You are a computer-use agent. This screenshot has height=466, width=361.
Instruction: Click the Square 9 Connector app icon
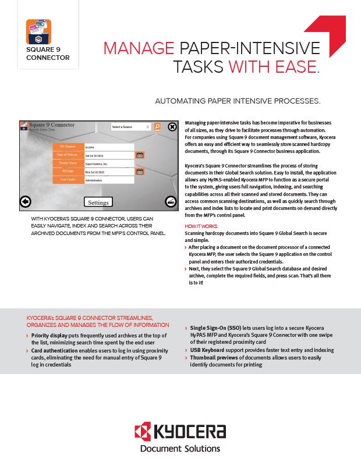pyautogui.click(x=38, y=32)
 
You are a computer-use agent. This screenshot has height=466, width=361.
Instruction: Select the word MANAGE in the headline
pyautogui.click(x=139, y=48)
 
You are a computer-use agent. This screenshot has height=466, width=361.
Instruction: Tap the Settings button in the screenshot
pyautogui.click(x=98, y=202)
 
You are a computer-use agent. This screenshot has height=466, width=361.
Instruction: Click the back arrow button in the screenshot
pyautogui.click(x=25, y=201)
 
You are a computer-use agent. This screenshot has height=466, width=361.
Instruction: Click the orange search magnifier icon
pyautogui.click(x=157, y=126)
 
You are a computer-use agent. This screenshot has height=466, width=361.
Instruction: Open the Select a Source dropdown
pyautogui.click(x=131, y=127)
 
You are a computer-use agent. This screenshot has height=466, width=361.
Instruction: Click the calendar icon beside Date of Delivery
pyautogui.click(x=140, y=155)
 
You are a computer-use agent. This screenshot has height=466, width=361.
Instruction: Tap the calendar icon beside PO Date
pyautogui.click(x=140, y=172)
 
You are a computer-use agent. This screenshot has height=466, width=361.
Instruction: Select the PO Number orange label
pyautogui.click(x=69, y=147)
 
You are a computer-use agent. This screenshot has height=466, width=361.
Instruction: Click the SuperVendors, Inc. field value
pyautogui.click(x=109, y=163)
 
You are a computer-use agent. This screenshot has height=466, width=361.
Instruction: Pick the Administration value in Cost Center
pyautogui.click(x=109, y=180)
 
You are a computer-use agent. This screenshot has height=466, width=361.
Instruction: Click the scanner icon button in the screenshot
pyautogui.click(x=171, y=201)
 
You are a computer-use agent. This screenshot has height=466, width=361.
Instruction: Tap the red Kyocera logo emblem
pyautogui.click(x=143, y=432)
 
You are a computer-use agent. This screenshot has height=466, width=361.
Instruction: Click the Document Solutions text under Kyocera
pyautogui.click(x=180, y=449)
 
